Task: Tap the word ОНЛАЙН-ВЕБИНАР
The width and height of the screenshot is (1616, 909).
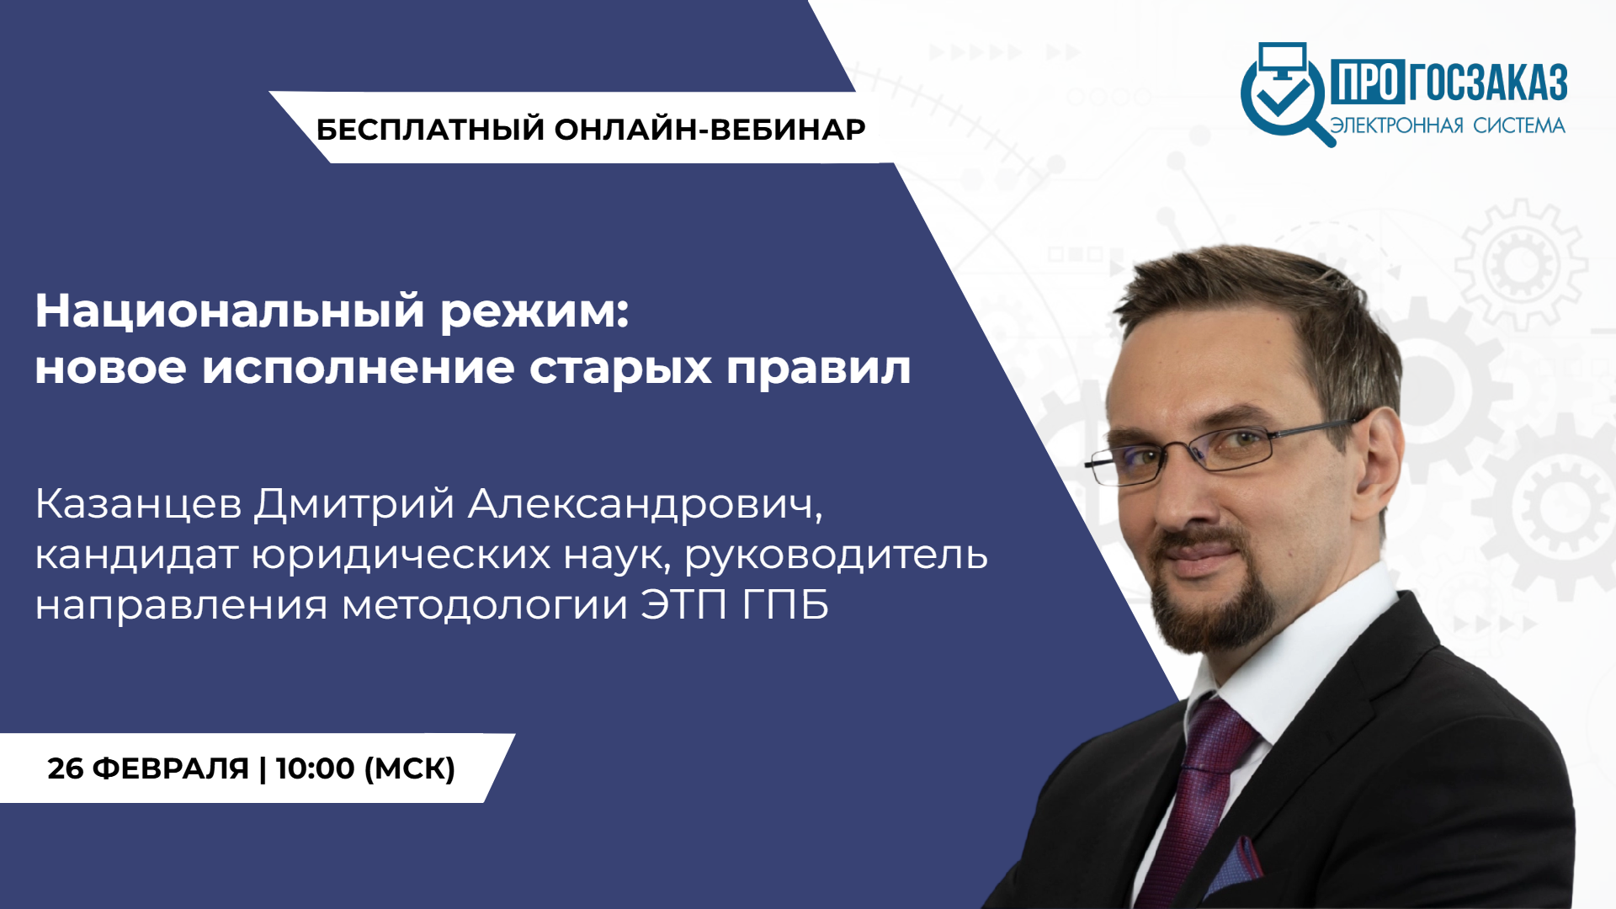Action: tap(710, 130)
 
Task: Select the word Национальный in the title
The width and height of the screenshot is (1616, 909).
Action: tap(230, 311)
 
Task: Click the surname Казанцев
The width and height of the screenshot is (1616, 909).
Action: tap(139, 504)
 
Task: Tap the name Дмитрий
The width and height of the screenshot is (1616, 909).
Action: tap(354, 504)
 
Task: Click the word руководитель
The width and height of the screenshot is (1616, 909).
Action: tap(836, 556)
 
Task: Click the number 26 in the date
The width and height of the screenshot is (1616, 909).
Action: tap(65, 768)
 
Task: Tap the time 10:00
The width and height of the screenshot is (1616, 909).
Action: tap(316, 768)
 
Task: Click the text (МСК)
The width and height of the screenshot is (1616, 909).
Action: tap(410, 768)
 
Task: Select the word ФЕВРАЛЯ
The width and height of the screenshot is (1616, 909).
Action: tap(170, 768)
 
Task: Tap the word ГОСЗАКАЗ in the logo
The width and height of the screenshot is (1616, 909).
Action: tap(1488, 82)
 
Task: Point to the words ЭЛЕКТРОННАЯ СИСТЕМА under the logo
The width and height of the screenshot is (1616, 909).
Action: tap(1448, 125)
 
